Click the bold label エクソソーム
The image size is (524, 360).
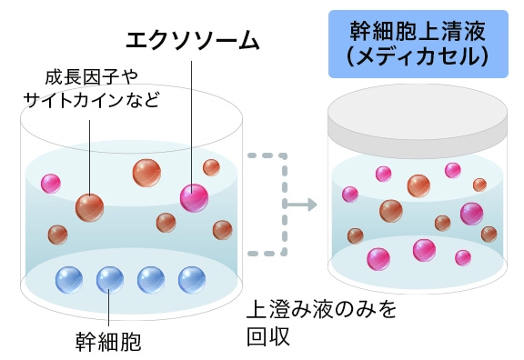tap(192, 41)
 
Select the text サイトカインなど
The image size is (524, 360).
tap(90, 98)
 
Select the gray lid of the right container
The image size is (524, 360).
tap(417, 123)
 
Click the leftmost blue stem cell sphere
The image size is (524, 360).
tap(69, 278)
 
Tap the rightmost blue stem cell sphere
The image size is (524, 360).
tap(192, 278)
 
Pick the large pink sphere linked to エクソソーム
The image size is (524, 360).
tap(194, 196)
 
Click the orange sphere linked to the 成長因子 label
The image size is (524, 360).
tap(89, 206)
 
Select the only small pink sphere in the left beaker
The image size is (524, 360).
tap(51, 183)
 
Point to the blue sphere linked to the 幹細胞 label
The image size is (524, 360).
tap(109, 278)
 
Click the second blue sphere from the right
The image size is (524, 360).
tap(151, 278)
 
